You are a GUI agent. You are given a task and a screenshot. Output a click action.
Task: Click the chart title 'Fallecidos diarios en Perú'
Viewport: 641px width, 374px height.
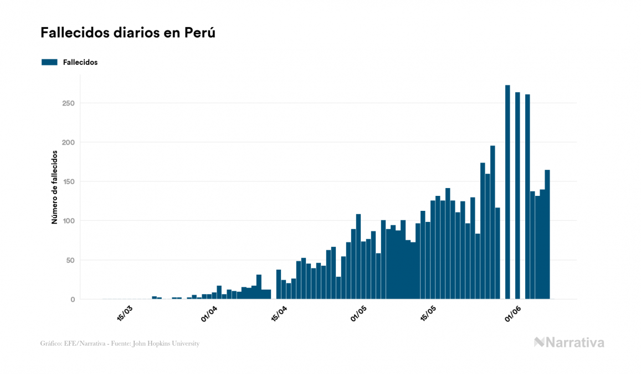128,33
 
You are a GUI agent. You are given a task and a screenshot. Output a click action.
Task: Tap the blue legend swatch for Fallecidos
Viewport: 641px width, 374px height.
49,62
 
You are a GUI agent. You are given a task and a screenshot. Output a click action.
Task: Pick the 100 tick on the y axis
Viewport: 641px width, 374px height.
68,221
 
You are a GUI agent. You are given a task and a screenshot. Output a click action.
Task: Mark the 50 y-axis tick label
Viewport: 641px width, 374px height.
70,260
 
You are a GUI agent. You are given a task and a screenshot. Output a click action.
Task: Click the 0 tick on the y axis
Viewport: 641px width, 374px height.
72,300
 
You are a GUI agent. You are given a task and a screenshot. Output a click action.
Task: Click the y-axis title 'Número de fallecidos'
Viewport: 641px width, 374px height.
54,187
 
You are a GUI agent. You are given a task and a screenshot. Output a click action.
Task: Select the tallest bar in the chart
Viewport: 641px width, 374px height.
507,192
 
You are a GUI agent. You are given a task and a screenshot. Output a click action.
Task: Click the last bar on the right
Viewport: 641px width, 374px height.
547,234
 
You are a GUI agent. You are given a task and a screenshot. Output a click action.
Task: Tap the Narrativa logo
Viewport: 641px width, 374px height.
569,342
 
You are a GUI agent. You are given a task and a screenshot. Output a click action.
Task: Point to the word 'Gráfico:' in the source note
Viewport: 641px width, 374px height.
51,343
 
